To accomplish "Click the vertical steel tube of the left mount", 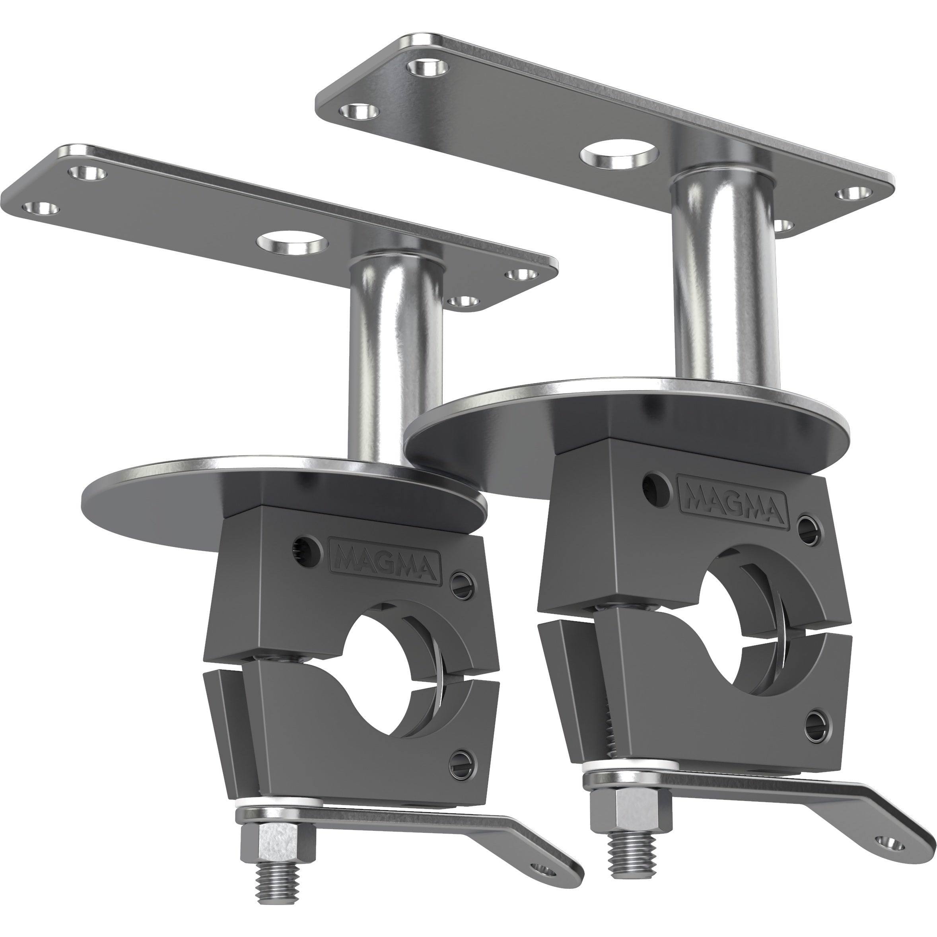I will (395, 359).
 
